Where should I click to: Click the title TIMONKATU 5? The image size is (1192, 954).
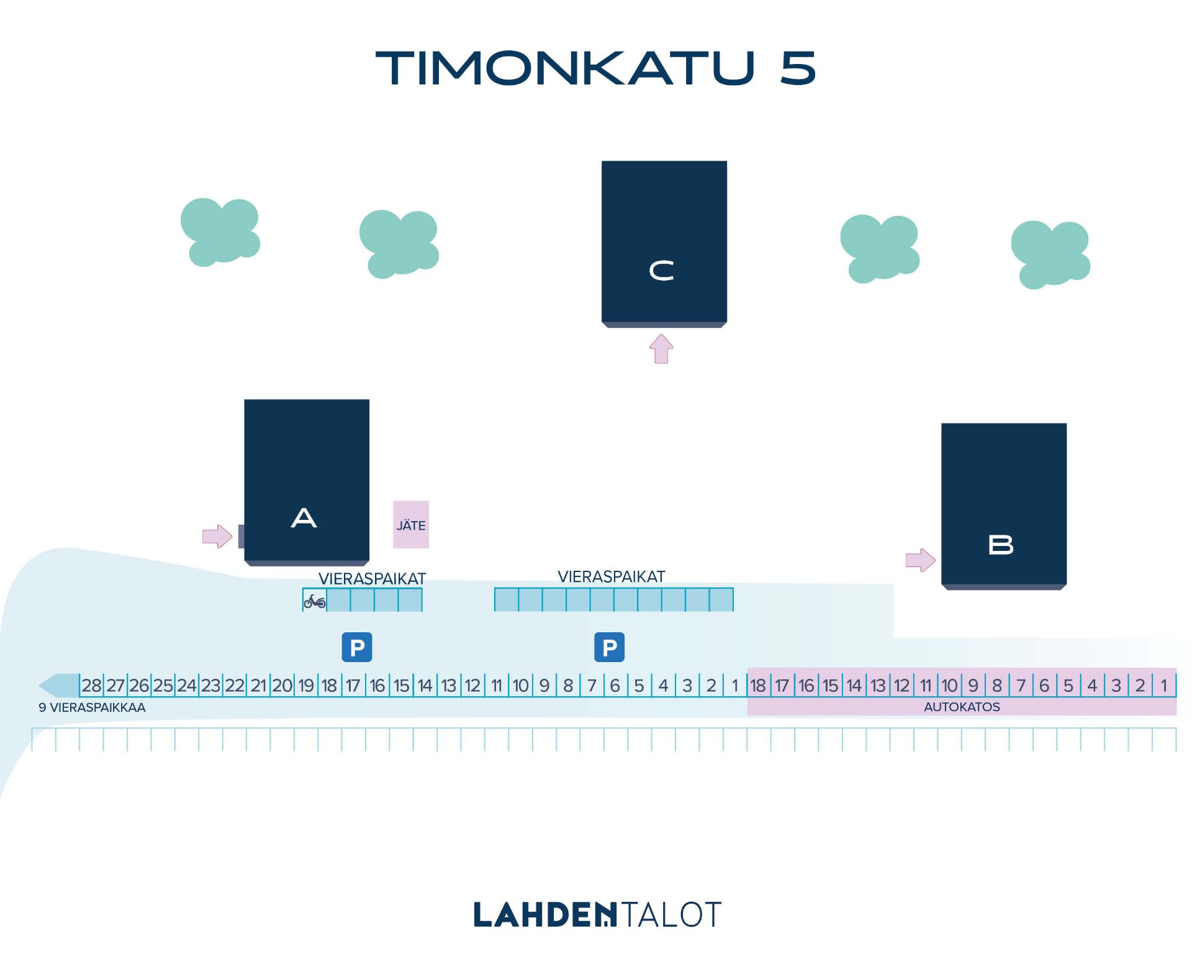595,68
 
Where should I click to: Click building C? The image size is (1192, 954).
664,244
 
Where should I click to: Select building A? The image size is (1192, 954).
307,483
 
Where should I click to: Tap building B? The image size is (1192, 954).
1004,506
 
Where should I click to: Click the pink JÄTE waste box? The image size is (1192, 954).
411,525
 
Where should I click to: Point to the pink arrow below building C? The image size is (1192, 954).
661,348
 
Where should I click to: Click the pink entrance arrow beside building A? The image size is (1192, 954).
217,536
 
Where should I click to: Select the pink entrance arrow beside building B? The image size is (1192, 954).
921,560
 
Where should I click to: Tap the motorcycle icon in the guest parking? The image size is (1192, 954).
315,601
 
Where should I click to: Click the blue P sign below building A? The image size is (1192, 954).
357,647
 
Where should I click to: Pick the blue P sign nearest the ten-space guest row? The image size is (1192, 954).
610,647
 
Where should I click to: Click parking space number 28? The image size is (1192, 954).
91,685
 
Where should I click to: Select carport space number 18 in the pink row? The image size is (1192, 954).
758,685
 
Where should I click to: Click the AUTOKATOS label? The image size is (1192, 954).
962,707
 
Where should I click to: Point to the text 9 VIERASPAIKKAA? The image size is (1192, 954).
92,707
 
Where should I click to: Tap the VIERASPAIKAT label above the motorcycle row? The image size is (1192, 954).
372,579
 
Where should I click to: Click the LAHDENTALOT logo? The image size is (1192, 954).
597,915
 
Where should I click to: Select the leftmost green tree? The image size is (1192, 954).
220,232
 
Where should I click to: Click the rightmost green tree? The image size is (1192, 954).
1050,255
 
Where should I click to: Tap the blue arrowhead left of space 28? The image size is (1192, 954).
59,686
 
